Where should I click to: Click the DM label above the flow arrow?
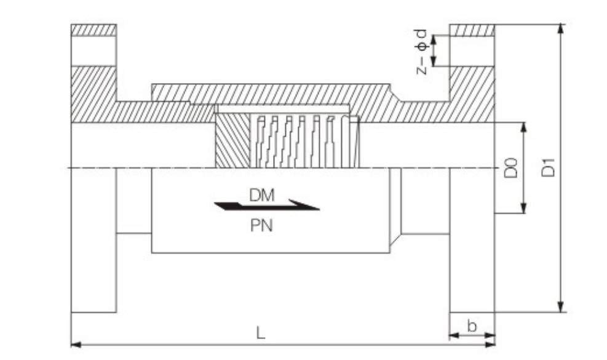pyautogui.click(x=262, y=195)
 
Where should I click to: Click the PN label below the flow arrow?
pyautogui.click(x=261, y=225)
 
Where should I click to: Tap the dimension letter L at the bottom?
pyautogui.click(x=261, y=333)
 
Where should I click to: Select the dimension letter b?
pyautogui.click(x=472, y=326)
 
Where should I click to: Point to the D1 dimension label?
pyautogui.click(x=549, y=167)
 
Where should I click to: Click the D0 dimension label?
pyautogui.click(x=510, y=168)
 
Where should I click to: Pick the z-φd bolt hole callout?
pyautogui.click(x=421, y=51)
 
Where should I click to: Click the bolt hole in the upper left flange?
pyautogui.click(x=93, y=51)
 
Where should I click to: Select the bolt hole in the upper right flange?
pyautogui.click(x=472, y=51)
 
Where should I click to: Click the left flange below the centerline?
pyautogui.click(x=93, y=240)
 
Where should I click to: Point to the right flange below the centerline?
pyautogui.click(x=472, y=240)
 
